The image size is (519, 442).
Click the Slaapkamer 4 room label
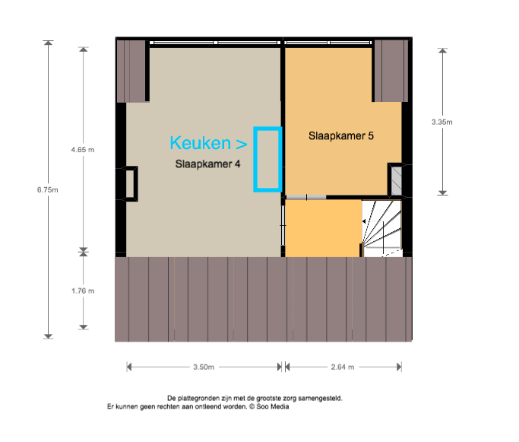pyautogui.click(x=207, y=164)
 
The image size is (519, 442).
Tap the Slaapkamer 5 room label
pyautogui.click(x=341, y=136)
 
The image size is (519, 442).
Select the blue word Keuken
pyautogui.click(x=201, y=143)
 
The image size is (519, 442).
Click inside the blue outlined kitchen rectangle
pyautogui.click(x=267, y=159)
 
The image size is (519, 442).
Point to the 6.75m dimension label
pyautogui.click(x=47, y=190)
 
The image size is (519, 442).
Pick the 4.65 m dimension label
pyautogui.click(x=82, y=150)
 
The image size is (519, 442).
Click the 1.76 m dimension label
pyautogui.click(x=83, y=291)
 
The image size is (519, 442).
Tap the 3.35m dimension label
pyautogui.click(x=442, y=122)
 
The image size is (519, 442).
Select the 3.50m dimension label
pyautogui.click(x=204, y=367)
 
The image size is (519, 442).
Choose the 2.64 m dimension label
pyautogui.click(x=343, y=367)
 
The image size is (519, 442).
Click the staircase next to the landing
pyautogui.click(x=381, y=228)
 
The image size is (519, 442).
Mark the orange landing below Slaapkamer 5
pyautogui.click(x=323, y=228)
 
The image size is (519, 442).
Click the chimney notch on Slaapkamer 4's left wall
pyautogui.click(x=131, y=183)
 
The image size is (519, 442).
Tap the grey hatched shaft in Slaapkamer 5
pyautogui.click(x=396, y=181)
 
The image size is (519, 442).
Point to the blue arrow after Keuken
pyautogui.click(x=242, y=144)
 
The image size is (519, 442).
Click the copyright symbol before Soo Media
pyautogui.click(x=252, y=406)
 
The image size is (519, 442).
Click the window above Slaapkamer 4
pyautogui.click(x=215, y=43)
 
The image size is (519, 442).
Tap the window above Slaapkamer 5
pyautogui.click(x=328, y=43)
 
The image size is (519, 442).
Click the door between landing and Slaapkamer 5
pyautogui.click(x=306, y=198)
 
